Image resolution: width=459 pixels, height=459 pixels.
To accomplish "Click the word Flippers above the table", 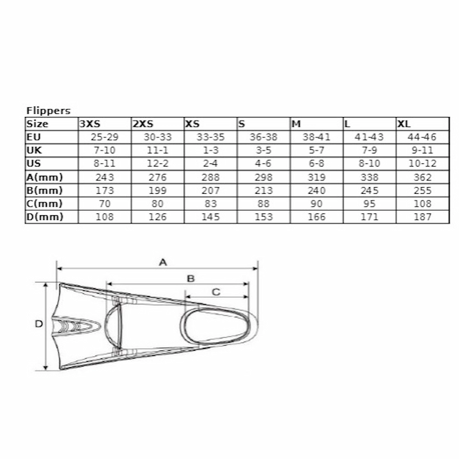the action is coord(48,111).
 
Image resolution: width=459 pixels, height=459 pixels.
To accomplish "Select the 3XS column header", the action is coord(90,124).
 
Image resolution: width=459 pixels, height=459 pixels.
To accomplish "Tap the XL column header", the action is coord(403,124).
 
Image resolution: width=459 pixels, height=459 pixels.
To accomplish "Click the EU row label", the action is coord(34,137).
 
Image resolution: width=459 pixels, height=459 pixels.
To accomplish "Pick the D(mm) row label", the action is coord(45,217).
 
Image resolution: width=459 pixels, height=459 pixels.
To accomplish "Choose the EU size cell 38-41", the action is coord(316,137).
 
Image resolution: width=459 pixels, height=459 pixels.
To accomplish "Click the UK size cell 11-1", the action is coord(157,150).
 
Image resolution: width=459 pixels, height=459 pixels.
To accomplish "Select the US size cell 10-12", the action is coord(422,163).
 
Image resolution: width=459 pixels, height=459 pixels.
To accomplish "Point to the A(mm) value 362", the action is coord(422,177).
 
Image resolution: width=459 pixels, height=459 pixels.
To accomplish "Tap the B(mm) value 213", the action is coord(263,190).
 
